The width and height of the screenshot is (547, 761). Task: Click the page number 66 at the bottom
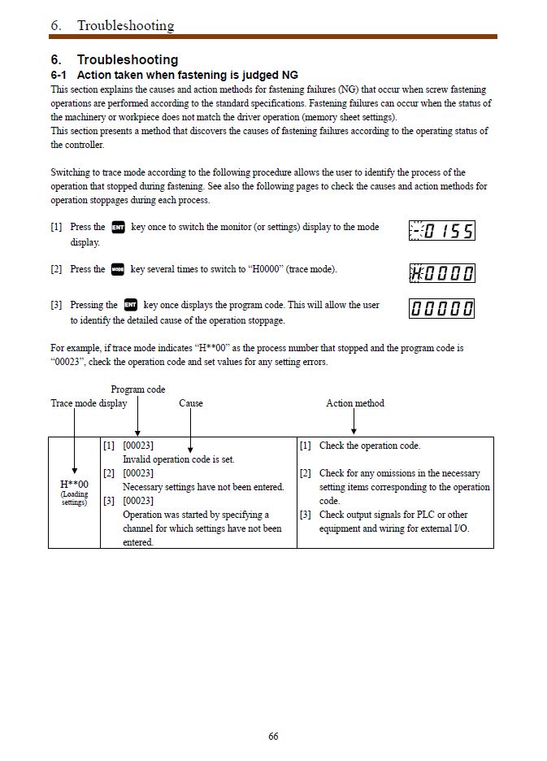pos(273,737)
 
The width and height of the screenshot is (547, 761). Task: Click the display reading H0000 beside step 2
pos(441,272)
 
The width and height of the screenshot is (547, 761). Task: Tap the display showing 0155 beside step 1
pos(441,231)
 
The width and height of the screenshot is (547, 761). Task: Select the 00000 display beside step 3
pos(441,309)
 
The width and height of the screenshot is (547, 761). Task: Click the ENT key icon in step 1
pos(118,228)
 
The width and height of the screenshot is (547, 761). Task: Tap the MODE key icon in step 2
pos(118,269)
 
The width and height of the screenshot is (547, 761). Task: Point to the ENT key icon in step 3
pos(130,305)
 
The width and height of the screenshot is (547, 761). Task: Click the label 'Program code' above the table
pos(138,389)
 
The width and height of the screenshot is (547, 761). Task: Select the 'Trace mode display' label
pos(89,403)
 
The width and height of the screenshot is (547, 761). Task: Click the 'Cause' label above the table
pos(191,403)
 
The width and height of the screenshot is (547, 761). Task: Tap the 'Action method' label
pos(355,403)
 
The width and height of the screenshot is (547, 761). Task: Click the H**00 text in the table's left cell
pos(74,485)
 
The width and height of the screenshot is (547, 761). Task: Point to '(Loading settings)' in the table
pos(74,498)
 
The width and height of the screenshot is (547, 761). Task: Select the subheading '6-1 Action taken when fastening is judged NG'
pos(174,75)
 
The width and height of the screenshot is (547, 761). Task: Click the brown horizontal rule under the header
pos(273,37)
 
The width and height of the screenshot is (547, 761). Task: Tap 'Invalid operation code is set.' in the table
pos(178,459)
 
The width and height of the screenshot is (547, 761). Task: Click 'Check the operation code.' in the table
pos(370,446)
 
